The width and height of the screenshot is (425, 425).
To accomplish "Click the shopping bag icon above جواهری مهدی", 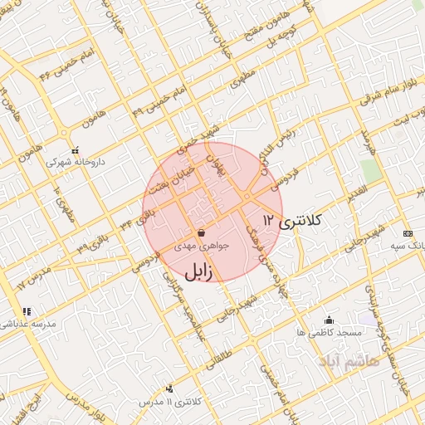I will (x=200, y=233).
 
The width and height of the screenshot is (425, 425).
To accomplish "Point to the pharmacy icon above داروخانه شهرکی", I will (x=76, y=151).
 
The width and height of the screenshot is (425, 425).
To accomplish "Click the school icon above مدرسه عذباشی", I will (x=27, y=311).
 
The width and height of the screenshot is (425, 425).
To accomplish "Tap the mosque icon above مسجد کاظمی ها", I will (x=329, y=320).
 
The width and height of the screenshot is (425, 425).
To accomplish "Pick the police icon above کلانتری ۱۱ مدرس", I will (x=171, y=388).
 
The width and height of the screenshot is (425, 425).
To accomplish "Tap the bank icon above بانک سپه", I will (x=407, y=233).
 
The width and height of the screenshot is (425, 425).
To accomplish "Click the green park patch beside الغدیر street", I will (x=371, y=169).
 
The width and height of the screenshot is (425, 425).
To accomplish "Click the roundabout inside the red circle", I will (x=247, y=196).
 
